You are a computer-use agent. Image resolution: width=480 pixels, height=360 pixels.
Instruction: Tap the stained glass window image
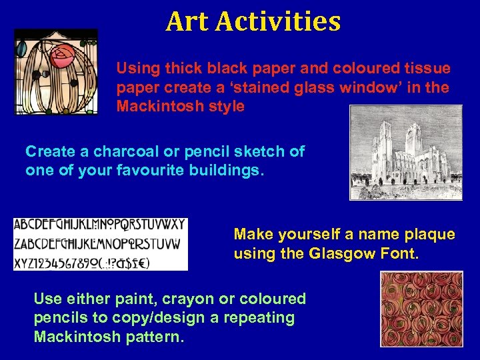(56, 72)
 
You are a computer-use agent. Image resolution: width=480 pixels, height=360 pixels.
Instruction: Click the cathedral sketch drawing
(405, 152)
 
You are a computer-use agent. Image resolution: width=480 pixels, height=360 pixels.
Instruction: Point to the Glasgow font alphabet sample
(100, 243)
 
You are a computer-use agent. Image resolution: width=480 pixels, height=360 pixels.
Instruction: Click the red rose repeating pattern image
(421, 309)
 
